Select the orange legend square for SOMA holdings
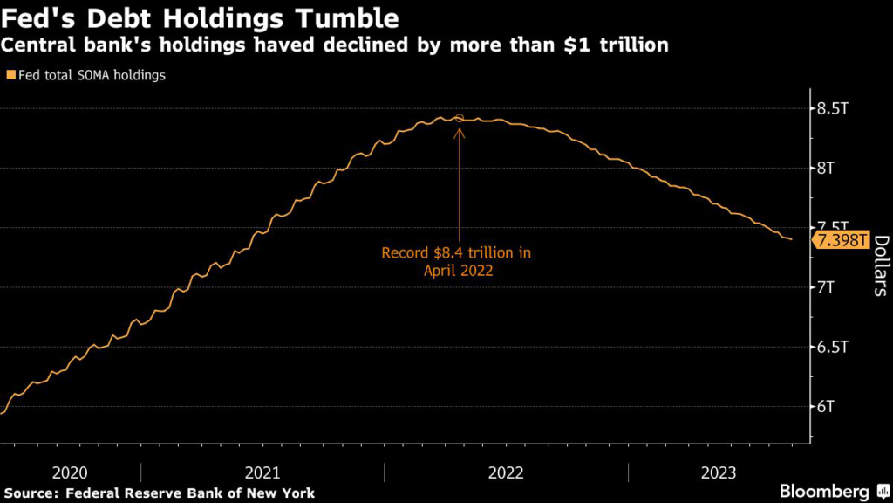pyautogui.click(x=10, y=75)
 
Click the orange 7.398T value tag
pyautogui.click(x=841, y=240)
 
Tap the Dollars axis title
pyautogui.click(x=880, y=266)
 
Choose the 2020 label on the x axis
pyautogui.click(x=70, y=472)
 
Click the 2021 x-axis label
pyautogui.click(x=262, y=472)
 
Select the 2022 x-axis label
pyautogui.click(x=506, y=472)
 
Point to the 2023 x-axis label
pyautogui.click(x=719, y=472)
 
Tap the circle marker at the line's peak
pyautogui.click(x=460, y=118)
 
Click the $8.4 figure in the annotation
pyautogui.click(x=453, y=253)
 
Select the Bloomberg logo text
pyautogui.click(x=823, y=491)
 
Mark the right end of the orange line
pyautogui.click(x=791, y=239)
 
